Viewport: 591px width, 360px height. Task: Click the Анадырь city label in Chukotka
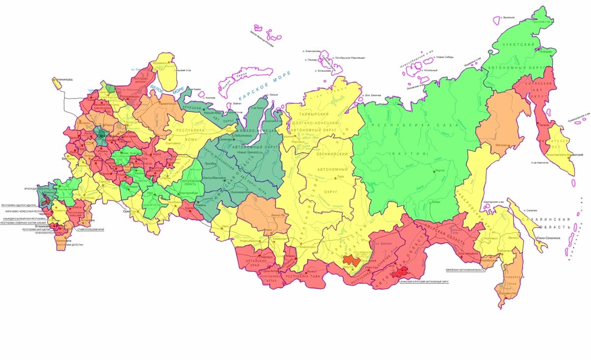(548, 51)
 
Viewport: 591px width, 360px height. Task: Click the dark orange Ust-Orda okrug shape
(351, 260)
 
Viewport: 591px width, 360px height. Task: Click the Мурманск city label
(161, 64)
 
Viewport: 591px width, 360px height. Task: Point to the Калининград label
(66, 78)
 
